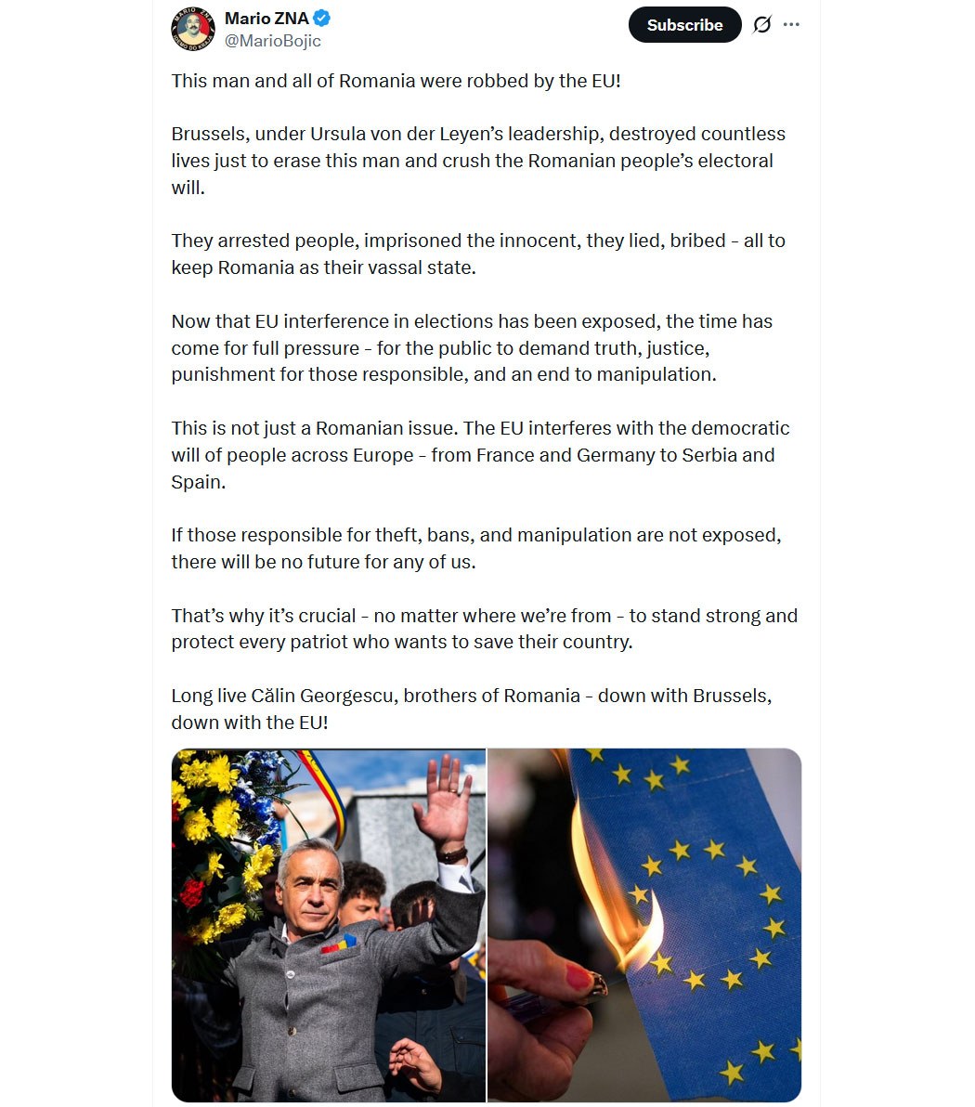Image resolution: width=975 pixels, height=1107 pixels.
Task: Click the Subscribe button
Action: point(684,25)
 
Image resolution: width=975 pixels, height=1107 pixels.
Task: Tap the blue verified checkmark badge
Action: point(322,18)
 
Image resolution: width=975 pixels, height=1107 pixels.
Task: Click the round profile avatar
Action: point(193,29)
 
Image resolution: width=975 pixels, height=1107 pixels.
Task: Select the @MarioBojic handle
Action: point(273,41)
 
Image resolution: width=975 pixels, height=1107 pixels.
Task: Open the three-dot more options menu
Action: point(791,25)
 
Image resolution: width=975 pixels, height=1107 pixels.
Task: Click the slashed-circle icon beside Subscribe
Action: point(761,25)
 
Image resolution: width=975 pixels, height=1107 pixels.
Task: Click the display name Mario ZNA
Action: point(266,18)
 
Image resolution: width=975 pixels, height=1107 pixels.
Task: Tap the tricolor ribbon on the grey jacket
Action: point(339,944)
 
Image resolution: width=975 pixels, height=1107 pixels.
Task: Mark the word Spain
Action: point(197,482)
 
